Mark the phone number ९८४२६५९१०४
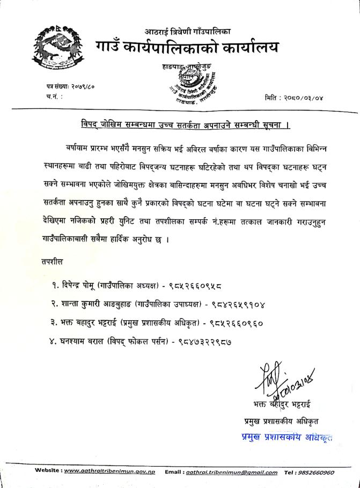click(x=237, y=304)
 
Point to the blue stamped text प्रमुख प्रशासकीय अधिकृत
click(x=287, y=438)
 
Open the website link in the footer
click(x=109, y=472)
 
